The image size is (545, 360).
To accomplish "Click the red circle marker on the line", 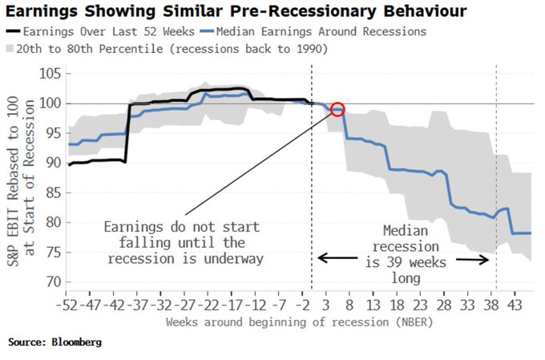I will pos(337,109).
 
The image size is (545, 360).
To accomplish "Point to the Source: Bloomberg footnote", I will pos(54,342).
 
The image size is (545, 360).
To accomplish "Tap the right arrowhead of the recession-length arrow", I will pos(487,258).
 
